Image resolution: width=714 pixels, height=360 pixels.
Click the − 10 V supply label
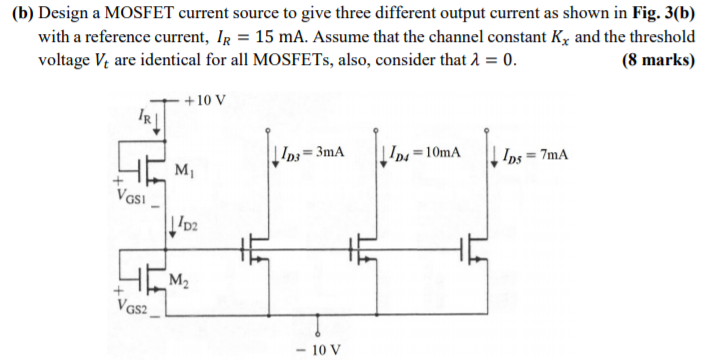coord(318,349)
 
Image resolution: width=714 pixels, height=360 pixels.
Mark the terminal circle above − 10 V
coord(318,334)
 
